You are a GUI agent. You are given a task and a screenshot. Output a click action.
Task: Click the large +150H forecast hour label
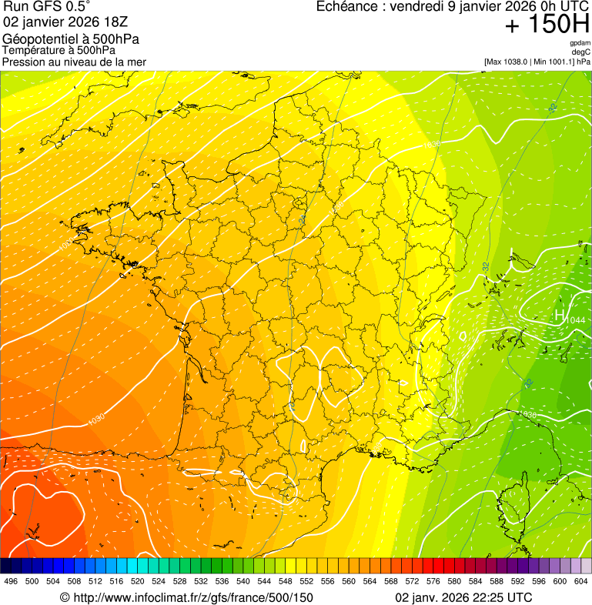(547, 25)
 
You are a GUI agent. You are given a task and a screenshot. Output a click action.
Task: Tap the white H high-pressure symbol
(560, 315)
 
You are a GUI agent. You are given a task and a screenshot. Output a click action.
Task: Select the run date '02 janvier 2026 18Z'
(65, 22)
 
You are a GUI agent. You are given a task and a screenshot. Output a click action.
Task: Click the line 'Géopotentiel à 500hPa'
(71, 39)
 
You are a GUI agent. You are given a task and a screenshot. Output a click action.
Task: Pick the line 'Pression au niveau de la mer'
(74, 62)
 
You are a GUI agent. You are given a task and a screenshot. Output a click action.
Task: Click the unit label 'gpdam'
(580, 43)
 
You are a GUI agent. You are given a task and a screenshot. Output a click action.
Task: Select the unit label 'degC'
(581, 52)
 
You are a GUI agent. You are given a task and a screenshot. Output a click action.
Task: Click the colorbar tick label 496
(11, 581)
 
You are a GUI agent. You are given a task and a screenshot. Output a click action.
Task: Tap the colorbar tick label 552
(306, 581)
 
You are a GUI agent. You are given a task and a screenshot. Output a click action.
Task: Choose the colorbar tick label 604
(581, 581)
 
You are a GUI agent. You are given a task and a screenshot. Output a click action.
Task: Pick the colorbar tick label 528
(179, 581)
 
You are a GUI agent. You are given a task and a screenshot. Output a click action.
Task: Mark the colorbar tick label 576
(433, 581)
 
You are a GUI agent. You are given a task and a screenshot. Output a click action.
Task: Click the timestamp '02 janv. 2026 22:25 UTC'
(463, 597)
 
